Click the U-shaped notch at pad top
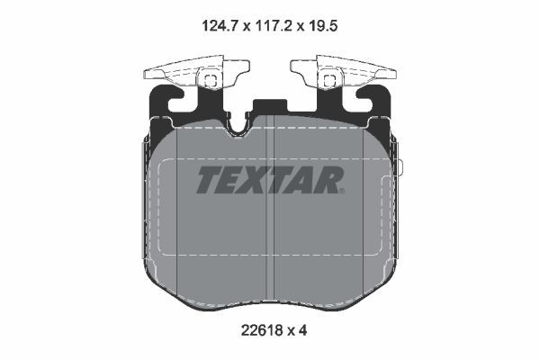click(x=239, y=126)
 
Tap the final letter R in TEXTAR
click(x=325, y=180)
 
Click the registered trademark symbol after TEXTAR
click(x=342, y=191)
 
